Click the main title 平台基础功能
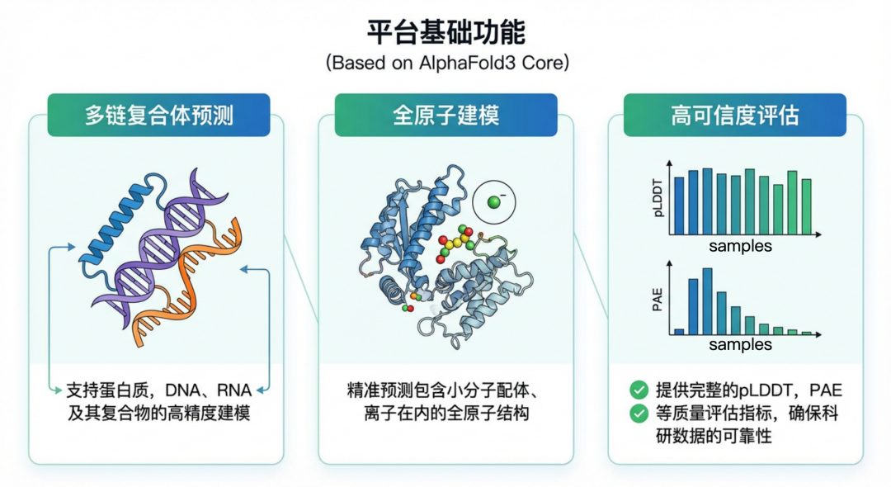(x=445, y=32)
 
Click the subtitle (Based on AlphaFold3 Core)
(x=445, y=64)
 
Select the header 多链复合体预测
(x=159, y=115)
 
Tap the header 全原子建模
(x=445, y=115)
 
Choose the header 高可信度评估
(x=734, y=115)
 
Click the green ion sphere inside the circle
(x=493, y=201)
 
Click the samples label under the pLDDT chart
(x=740, y=246)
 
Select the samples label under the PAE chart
(x=740, y=344)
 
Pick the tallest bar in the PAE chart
(x=707, y=300)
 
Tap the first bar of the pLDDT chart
(x=679, y=206)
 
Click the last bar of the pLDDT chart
(x=806, y=207)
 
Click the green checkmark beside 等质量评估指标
(x=639, y=414)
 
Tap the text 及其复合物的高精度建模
(x=158, y=413)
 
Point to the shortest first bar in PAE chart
(x=679, y=331)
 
